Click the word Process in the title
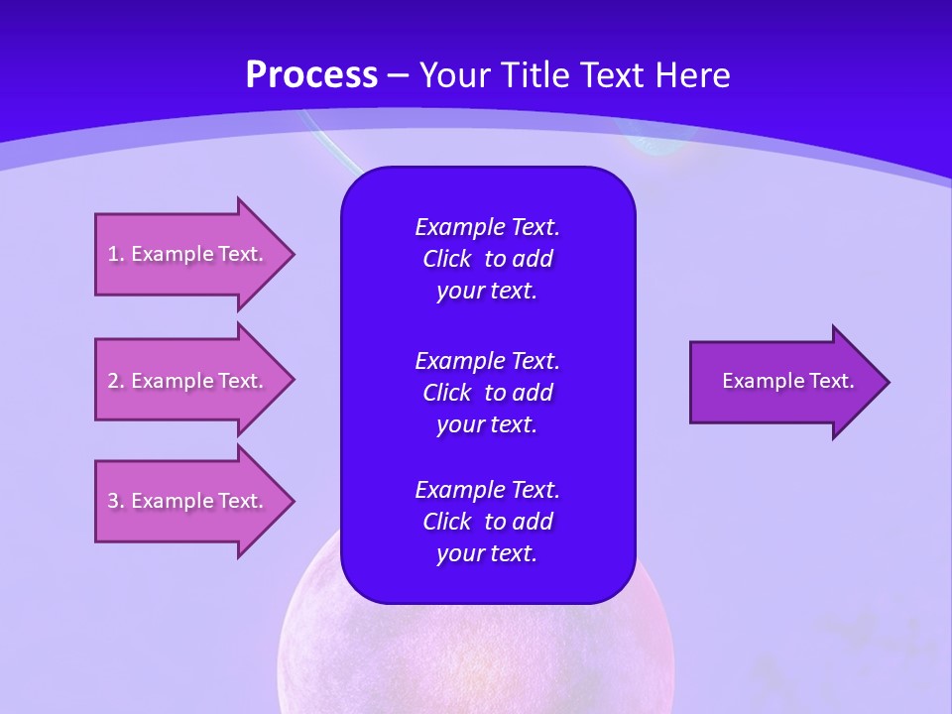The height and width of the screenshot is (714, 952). click(x=311, y=75)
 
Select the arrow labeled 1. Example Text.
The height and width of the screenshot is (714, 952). click(x=185, y=254)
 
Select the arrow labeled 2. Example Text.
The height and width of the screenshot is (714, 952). click(x=185, y=381)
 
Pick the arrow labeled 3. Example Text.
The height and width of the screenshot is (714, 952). click(x=185, y=501)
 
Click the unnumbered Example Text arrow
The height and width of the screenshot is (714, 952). click(x=787, y=381)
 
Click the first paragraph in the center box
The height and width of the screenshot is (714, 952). click(x=487, y=259)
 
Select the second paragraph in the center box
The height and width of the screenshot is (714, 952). click(x=487, y=392)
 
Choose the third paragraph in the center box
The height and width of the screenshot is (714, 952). click(x=487, y=522)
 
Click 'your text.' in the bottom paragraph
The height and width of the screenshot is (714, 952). click(x=487, y=553)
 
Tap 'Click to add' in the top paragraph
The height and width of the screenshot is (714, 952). click(x=487, y=259)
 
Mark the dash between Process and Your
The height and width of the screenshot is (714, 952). click(x=398, y=75)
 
